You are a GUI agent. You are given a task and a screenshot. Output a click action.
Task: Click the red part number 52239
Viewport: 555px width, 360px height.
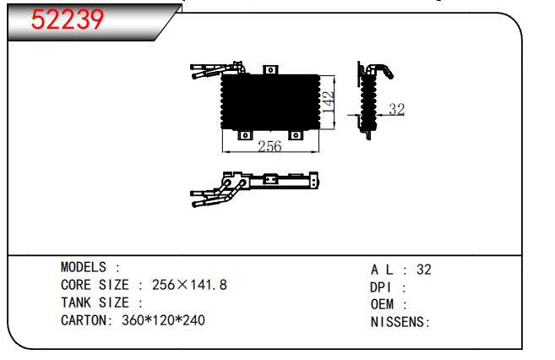pos(68,19)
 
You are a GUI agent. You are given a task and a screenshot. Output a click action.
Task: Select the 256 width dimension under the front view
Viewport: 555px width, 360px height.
pos(269,146)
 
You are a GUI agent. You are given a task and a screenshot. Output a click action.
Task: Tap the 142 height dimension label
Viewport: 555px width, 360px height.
pos(328,102)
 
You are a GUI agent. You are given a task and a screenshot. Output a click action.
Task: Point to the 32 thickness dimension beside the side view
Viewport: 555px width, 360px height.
pos(396,109)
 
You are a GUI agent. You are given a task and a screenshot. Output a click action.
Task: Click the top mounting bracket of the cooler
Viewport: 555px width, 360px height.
pos(270,70)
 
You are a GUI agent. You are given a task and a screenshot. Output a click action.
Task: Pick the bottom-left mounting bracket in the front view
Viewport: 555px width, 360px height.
pos(245,135)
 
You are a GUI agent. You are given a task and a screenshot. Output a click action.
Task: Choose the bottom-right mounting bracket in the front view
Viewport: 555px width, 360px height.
pos(296,135)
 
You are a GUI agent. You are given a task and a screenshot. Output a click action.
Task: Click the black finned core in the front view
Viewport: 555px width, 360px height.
pos(271,102)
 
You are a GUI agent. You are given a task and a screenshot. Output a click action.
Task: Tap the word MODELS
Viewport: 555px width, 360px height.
pos(84,267)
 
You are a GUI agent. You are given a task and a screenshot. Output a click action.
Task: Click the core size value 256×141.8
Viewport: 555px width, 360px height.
pos(189,285)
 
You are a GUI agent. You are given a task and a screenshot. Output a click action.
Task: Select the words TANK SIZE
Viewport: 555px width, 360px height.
pos(95,303)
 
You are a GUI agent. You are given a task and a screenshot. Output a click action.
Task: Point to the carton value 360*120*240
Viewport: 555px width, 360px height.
pos(163,320)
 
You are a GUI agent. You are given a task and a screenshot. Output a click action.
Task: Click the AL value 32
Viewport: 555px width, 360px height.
pos(424,270)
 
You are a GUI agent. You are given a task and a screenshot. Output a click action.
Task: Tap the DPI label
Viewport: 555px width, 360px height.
pos(380,287)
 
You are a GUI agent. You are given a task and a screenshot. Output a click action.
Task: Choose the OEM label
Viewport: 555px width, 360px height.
pos(382,304)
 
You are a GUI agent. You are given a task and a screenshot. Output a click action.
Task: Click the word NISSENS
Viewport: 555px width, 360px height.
pos(397,322)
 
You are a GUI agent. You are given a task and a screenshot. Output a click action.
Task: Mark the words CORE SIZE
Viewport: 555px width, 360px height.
pos(95,285)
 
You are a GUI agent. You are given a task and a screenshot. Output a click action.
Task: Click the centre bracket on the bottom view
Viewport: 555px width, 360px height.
pos(271,179)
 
